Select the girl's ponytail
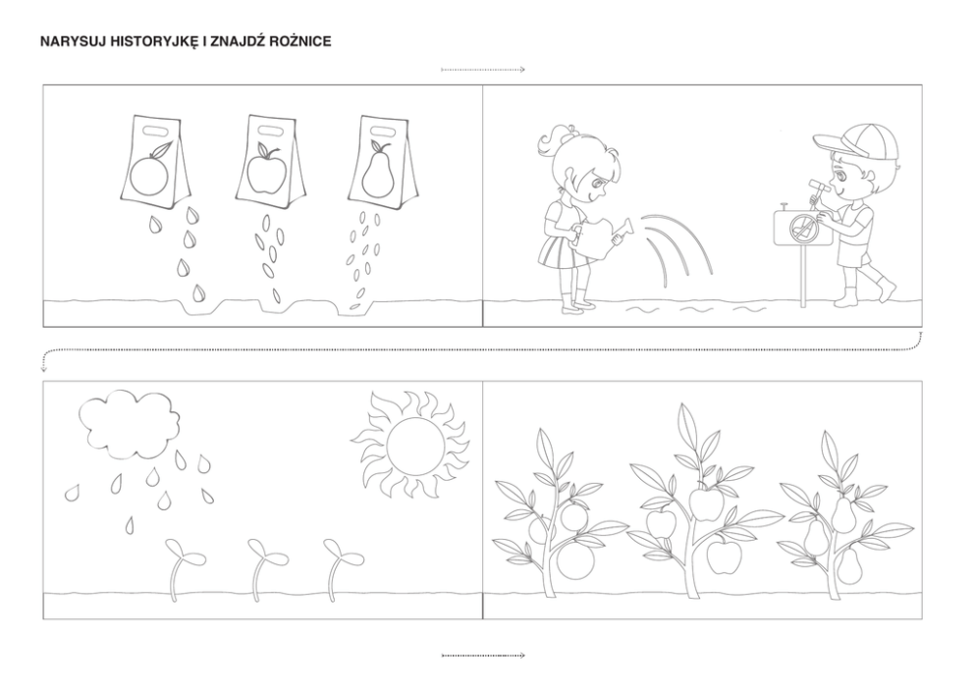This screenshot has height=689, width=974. pyautogui.click(x=552, y=142)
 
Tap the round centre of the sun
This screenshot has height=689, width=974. pyautogui.click(x=415, y=446)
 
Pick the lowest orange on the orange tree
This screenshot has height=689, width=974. pyautogui.click(x=575, y=561)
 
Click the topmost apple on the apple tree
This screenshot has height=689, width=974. pyautogui.click(x=703, y=503)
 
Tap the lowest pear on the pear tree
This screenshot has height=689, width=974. pyautogui.click(x=850, y=565)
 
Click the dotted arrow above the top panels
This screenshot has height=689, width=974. pyautogui.click(x=483, y=70)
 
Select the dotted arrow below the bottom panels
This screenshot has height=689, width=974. pyautogui.click(x=483, y=655)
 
